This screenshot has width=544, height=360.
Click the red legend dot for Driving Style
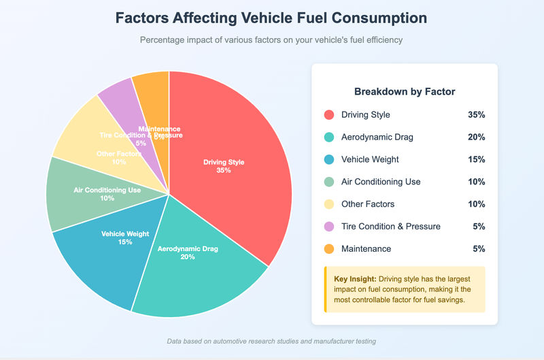(x=330, y=115)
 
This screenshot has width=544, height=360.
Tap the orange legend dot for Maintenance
(x=330, y=249)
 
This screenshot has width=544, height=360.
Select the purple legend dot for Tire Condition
(x=330, y=227)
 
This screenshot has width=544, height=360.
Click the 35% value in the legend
(x=476, y=115)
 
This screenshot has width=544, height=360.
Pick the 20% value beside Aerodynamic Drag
(x=476, y=137)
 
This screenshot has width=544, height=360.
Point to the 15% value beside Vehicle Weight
(x=476, y=159)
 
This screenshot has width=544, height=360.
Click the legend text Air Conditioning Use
(x=381, y=182)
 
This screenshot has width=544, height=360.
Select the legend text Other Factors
(x=368, y=204)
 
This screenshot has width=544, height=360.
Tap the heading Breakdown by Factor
(x=405, y=91)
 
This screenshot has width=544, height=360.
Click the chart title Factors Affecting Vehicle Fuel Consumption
(x=271, y=18)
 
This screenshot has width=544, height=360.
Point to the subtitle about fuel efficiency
(x=271, y=40)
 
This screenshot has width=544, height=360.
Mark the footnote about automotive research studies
(x=271, y=341)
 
